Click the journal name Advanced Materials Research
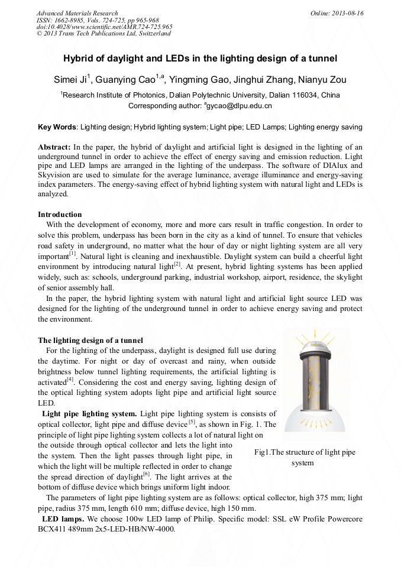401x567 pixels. pos(77,13)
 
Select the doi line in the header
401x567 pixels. pos(104,27)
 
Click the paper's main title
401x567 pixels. pos(200,59)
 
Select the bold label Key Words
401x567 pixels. pos(57,127)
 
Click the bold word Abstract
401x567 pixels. pos(54,147)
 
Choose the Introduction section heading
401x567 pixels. pos(60,214)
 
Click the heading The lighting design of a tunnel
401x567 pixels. pos(90,340)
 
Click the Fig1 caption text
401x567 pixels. pos(305,457)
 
